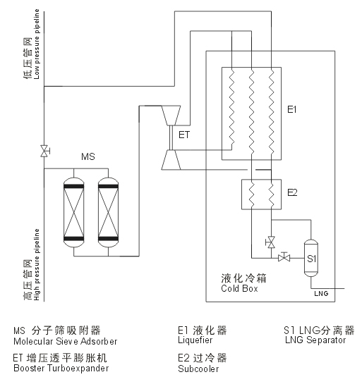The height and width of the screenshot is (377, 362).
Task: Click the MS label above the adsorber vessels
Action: click(88, 156)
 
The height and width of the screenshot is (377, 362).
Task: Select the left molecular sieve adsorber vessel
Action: click(74, 213)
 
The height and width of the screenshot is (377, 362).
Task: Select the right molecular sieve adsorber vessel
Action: click(108, 213)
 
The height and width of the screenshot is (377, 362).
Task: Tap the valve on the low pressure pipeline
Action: click(44, 151)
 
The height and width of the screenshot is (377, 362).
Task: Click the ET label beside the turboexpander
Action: click(184, 135)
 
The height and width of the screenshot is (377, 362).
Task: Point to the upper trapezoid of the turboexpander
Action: click(171, 116)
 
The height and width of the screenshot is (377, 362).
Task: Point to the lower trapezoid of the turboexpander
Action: click(171, 160)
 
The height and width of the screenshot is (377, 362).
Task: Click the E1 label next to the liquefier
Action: click(291, 110)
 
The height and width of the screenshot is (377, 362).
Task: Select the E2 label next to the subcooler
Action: click(292, 192)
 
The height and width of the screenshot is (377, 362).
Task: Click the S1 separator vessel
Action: click(311, 258)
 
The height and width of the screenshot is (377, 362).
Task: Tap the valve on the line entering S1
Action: click(284, 257)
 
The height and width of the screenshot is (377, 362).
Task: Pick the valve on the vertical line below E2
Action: click(271, 242)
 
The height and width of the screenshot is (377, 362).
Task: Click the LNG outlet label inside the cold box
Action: click(321, 294)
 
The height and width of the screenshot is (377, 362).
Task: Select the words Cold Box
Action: click(239, 288)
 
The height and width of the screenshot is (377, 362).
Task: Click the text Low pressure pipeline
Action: click(37, 44)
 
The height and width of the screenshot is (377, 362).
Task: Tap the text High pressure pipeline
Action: click(37, 264)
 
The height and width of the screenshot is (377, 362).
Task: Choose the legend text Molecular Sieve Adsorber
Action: click(66, 342)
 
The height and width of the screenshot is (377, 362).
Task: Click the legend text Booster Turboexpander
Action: click(61, 368)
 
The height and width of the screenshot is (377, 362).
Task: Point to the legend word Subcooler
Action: click(198, 369)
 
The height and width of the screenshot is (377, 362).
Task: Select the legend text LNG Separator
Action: click(315, 340)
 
